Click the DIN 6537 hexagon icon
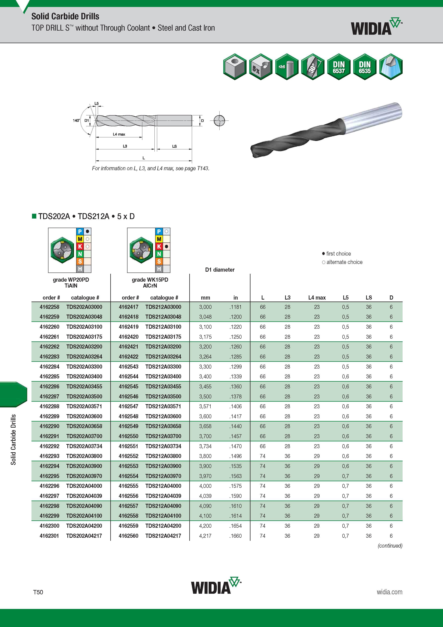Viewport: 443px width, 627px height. click(x=339, y=67)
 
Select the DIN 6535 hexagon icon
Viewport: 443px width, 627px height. click(x=365, y=67)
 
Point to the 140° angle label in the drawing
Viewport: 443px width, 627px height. click(x=76, y=120)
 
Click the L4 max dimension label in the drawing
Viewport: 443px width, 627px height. click(x=119, y=134)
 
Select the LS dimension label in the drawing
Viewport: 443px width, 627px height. click(x=174, y=146)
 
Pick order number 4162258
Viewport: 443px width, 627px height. click(x=49, y=307)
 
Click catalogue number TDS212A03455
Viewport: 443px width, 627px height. click(x=163, y=386)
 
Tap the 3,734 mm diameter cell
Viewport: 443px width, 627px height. click(x=205, y=446)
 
